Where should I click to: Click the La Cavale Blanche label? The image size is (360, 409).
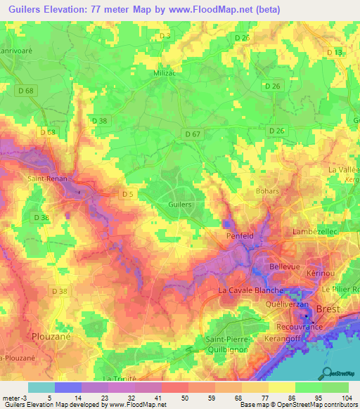251,290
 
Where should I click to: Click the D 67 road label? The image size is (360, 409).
193,134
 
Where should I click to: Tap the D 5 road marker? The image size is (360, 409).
127,194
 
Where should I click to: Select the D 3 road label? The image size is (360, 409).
166,35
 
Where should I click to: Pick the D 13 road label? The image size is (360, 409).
334,53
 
